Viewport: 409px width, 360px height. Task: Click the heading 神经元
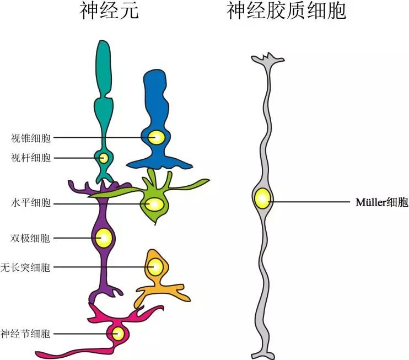pos(109,11)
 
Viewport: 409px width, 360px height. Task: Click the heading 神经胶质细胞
pos(286,11)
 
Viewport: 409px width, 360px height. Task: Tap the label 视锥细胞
pos(31,138)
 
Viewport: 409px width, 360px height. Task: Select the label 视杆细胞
pos(31,158)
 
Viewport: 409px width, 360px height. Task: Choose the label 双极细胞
pos(31,239)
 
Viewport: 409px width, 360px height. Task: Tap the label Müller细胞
pos(382,202)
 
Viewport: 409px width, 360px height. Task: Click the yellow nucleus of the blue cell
pos(157,137)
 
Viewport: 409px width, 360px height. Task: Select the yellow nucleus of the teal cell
pos(104,158)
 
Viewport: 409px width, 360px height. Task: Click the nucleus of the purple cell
pos(103,238)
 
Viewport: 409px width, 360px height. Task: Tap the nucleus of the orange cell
pos(155,267)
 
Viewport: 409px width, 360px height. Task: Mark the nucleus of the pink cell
pos(117,334)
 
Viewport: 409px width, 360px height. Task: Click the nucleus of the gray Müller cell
pos(262,198)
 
